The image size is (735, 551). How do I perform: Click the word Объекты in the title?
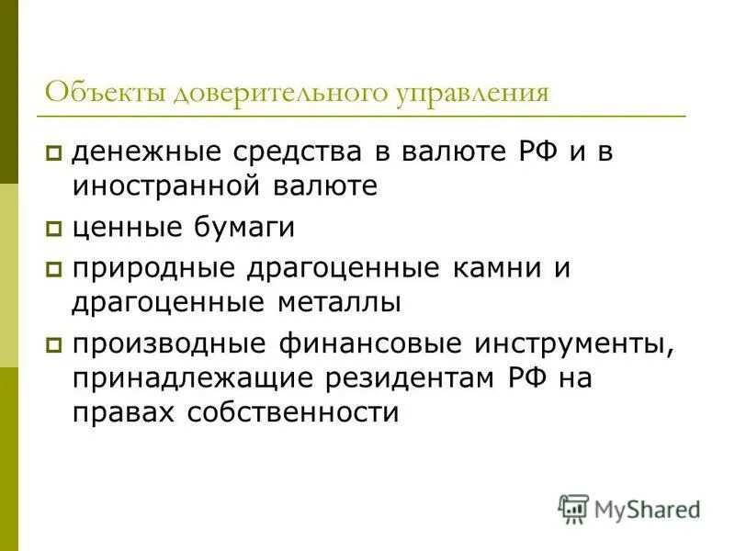click(x=105, y=94)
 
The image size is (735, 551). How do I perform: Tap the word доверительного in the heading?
click(x=277, y=94)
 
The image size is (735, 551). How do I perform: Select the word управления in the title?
click(x=472, y=94)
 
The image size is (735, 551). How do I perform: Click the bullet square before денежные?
click(x=54, y=152)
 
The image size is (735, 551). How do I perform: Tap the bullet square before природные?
click(x=54, y=270)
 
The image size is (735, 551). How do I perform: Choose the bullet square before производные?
click(x=54, y=345)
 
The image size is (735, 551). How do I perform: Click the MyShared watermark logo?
click(x=628, y=508)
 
